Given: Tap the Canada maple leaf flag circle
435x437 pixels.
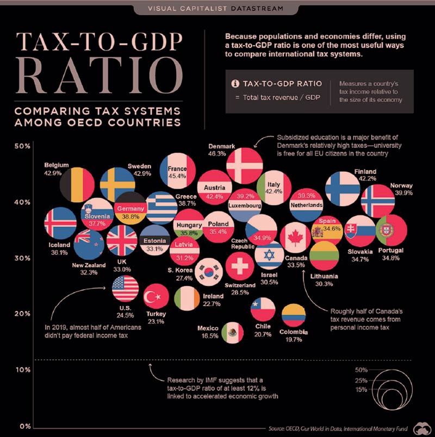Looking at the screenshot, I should (295, 238).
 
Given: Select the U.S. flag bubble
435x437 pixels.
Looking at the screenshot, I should (126, 289).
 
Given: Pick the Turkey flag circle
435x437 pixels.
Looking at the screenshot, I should (157, 297).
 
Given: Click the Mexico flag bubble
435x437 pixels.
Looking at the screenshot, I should (232, 332).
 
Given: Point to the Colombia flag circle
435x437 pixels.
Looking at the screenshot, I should (294, 316).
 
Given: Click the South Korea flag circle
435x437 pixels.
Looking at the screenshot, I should (209, 272).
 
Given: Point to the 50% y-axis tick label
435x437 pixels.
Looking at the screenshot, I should (22, 147).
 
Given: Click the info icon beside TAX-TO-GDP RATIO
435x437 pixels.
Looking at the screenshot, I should (235, 84).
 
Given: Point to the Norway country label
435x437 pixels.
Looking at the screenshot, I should (401, 185).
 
